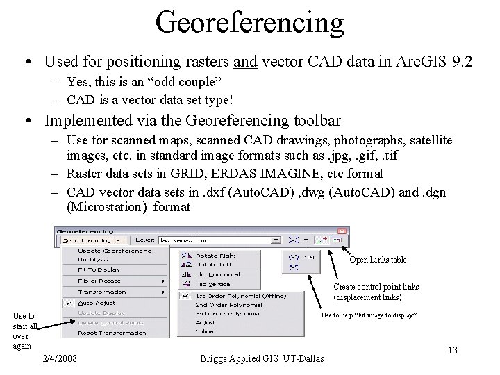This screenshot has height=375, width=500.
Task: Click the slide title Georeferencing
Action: click(x=250, y=23)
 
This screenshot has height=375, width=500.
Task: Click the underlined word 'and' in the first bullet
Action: click(x=246, y=62)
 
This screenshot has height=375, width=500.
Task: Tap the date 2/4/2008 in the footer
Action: click(x=60, y=358)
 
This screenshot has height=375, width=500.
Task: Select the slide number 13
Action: click(x=452, y=350)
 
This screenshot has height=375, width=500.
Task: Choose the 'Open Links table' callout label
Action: click(x=378, y=260)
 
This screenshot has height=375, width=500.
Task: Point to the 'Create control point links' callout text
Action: click(x=376, y=287)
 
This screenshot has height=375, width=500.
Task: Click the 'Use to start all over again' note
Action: click(x=25, y=331)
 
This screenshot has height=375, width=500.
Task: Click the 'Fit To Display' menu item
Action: click(x=99, y=269)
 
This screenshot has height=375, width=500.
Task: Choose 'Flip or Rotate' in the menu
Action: click(x=99, y=281)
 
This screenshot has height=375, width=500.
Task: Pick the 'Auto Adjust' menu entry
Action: click(x=97, y=303)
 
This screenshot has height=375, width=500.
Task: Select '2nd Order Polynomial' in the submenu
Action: click(x=228, y=304)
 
